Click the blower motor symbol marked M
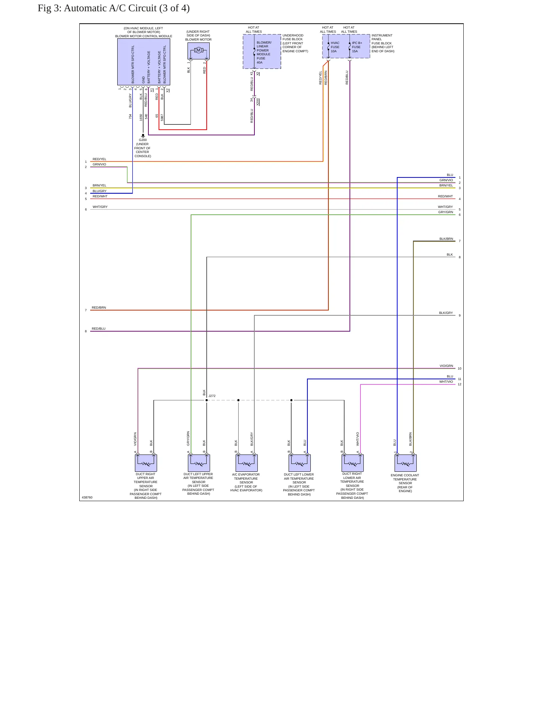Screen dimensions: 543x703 pyautogui.click(x=198, y=50)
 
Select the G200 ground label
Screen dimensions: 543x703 pyautogui.click(x=143, y=140)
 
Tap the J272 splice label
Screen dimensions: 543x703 pyautogui.click(x=212, y=396)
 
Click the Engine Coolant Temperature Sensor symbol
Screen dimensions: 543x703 pyautogui.click(x=405, y=463)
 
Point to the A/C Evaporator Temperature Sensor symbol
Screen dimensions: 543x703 pyautogui.click(x=247, y=463)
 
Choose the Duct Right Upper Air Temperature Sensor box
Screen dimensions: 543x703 pyautogui.click(x=146, y=463)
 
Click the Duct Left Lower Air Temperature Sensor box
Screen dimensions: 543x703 pyautogui.click(x=299, y=463)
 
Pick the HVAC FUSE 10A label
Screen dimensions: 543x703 pyautogui.click(x=335, y=47)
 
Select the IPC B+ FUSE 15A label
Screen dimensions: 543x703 pyautogui.click(x=357, y=47)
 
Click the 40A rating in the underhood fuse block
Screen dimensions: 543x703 pyautogui.click(x=260, y=62)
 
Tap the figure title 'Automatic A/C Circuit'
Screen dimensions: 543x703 pyautogui.click(x=110, y=8)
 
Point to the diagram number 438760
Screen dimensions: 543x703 pyautogui.click(x=87, y=497)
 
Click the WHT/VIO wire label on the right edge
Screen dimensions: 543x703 pyautogui.click(x=446, y=382)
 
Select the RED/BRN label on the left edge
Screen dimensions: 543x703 pyautogui.click(x=99, y=308)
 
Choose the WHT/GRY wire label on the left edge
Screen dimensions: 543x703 pyautogui.click(x=100, y=207)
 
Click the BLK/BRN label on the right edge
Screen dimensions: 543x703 pyautogui.click(x=446, y=239)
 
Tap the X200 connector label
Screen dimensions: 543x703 pyautogui.click(x=258, y=102)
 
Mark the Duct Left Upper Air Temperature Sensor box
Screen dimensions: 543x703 pyautogui.click(x=199, y=463)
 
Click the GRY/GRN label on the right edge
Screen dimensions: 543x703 pyautogui.click(x=446, y=212)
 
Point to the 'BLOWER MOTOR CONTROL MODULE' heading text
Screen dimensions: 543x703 pyautogui.click(x=144, y=36)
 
